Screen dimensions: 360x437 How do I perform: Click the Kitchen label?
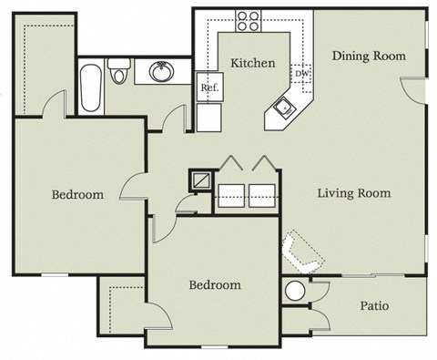(252, 63)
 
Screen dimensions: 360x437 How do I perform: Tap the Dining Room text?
(368, 56)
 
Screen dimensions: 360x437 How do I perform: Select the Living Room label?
(353, 193)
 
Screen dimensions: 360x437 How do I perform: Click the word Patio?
(374, 305)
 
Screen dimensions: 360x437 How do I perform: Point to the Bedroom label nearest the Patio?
(215, 285)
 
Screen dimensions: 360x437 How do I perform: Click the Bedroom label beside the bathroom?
(77, 194)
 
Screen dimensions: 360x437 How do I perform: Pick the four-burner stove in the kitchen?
(249, 19)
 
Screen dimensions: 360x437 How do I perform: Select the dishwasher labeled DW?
(301, 73)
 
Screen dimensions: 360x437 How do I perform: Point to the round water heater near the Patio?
(296, 292)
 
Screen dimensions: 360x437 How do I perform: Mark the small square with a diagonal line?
(200, 178)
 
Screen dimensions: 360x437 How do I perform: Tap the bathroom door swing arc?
(175, 116)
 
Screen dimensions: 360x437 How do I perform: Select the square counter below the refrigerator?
(208, 117)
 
